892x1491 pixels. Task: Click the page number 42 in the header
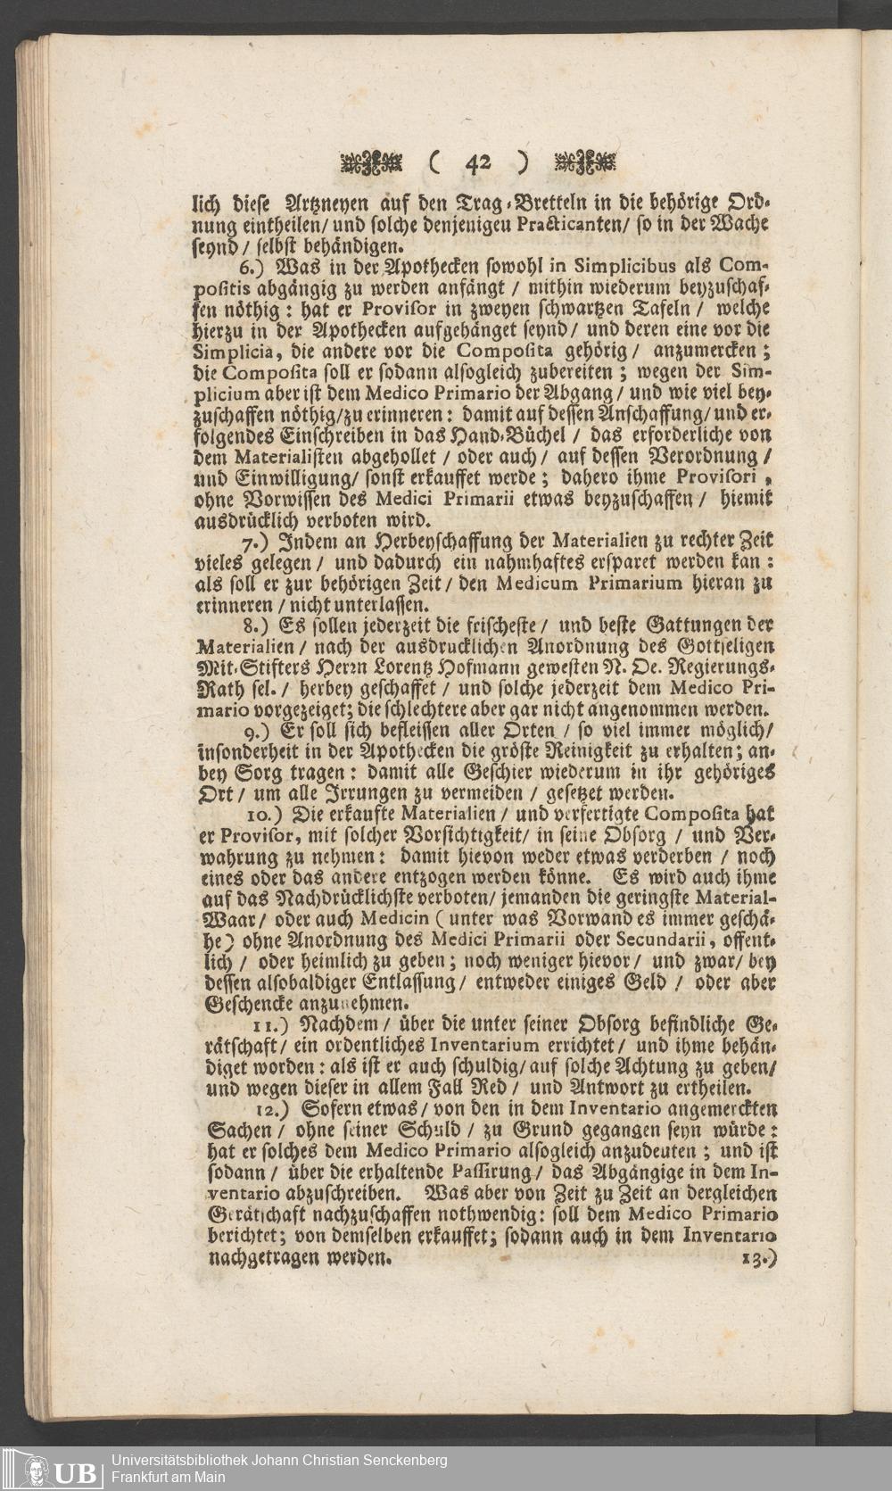[477, 162]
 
